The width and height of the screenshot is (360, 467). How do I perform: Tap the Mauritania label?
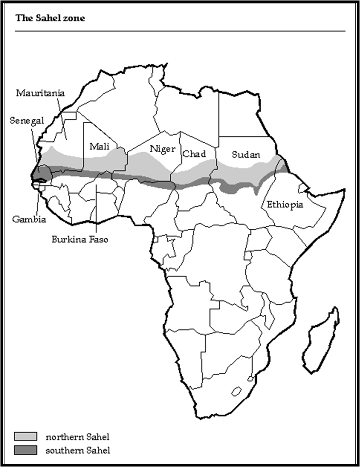click(x=40, y=93)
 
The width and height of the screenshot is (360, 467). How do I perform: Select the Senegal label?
click(x=27, y=120)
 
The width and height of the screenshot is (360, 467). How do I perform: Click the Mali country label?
click(x=99, y=146)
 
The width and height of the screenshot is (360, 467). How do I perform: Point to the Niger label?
click(x=163, y=149)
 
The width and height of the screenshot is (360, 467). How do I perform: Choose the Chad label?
click(x=194, y=154)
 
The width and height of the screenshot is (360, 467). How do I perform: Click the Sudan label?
click(x=246, y=155)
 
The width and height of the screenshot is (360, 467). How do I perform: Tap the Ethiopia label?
click(x=284, y=205)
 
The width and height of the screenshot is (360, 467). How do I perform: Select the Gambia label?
click(x=29, y=219)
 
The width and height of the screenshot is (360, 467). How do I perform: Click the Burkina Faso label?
click(x=80, y=239)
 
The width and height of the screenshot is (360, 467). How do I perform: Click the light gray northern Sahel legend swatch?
click(x=26, y=436)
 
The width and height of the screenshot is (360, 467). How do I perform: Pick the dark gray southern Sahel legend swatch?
click(x=26, y=449)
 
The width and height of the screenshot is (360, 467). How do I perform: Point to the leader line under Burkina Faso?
click(x=97, y=209)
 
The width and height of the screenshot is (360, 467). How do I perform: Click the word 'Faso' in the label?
click(x=98, y=239)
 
